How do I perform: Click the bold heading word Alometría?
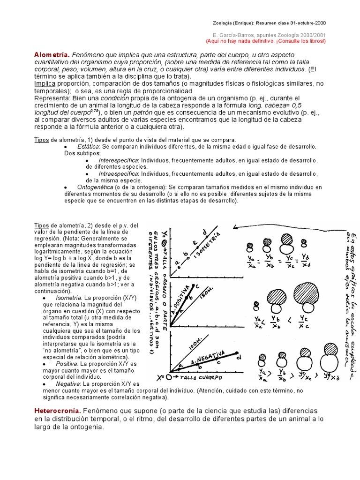point(52,55)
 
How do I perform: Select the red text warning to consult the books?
point(265,41)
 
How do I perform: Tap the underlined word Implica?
point(45,83)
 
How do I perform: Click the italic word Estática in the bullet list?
point(88,147)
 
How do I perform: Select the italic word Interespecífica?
point(119,160)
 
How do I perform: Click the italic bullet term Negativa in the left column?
point(67,384)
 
